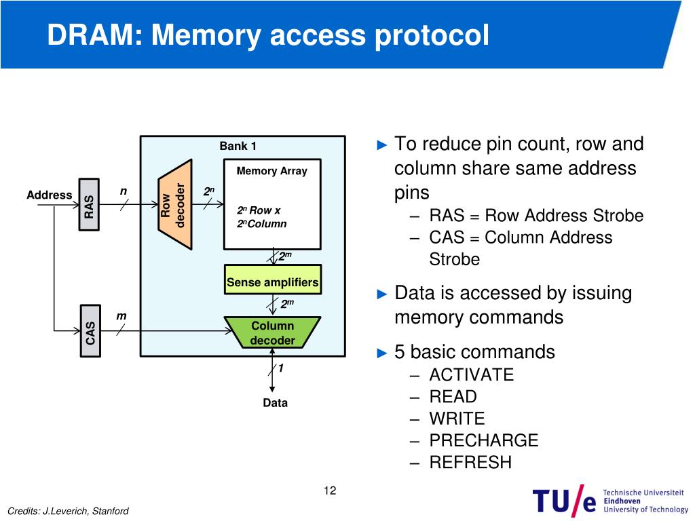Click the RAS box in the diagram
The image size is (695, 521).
pos(89,205)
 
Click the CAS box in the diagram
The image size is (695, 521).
pos(90,331)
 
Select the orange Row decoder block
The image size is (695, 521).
pos(175,205)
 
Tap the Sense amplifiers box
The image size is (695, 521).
pos(273,279)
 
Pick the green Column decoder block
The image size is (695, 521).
pos(273,332)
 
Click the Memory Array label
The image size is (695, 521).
pos(271,171)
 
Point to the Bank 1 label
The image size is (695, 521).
pos(238,147)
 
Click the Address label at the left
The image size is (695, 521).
pos(49,195)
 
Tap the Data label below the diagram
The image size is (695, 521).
pos(276,403)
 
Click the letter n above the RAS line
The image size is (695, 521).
pos(124,191)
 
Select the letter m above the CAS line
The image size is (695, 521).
pos(121,316)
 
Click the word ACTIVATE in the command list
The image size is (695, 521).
pos(472,374)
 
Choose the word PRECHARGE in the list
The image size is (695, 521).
pos(484,440)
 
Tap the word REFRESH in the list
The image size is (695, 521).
pos(470,463)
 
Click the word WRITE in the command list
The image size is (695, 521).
pos(457,419)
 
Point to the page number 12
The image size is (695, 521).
pos(330,490)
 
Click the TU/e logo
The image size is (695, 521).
pos(610,500)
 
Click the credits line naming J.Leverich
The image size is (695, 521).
pos(69,512)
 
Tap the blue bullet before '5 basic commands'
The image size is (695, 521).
pos(382,353)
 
